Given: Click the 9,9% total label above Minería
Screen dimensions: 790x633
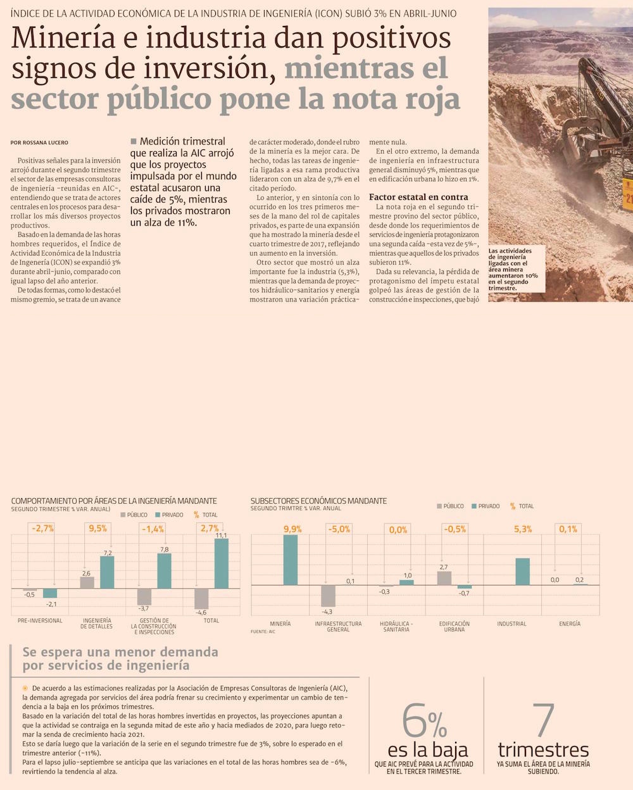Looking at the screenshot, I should click(292, 529).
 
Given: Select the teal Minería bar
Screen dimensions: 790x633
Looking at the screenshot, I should click(291, 560).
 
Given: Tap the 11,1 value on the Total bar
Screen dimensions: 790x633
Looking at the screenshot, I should click(222, 536).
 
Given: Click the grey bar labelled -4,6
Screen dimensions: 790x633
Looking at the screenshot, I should click(201, 599).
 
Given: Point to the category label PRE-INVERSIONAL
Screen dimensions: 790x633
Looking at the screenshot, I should click(40, 620).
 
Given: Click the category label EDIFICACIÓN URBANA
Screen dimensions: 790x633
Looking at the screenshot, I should click(454, 627).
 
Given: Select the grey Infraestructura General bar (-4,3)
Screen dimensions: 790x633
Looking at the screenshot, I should click(327, 596).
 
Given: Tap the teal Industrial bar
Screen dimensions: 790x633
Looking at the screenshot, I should click(522, 571).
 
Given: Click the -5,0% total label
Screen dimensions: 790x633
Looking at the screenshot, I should click(339, 529).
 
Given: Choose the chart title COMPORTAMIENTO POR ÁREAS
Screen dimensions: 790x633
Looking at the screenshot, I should click(114, 501).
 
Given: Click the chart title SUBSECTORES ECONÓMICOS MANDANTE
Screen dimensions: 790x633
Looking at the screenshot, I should click(318, 501).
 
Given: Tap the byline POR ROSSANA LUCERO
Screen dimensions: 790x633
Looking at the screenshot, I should click(39, 143).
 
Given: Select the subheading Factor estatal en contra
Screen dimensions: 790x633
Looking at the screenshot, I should click(418, 197).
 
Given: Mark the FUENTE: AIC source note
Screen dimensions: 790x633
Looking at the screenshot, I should click(263, 632).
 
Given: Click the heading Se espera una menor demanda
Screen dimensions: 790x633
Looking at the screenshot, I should click(120, 651).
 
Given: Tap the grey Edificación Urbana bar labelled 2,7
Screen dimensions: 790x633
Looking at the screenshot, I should click(444, 578).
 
